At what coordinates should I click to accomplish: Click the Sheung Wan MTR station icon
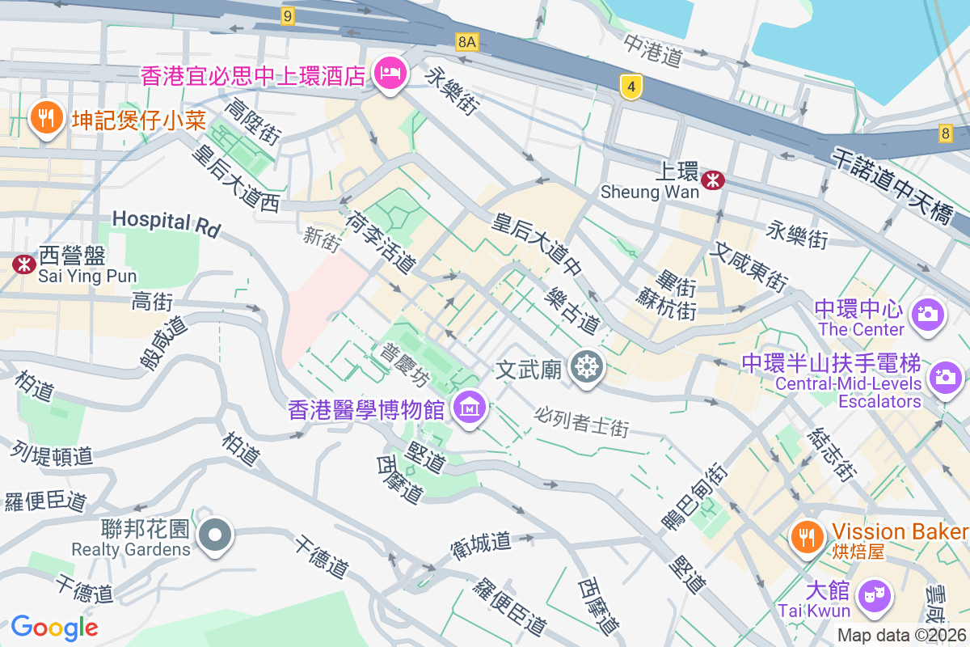click(712, 180)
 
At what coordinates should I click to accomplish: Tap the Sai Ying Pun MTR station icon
click(23, 264)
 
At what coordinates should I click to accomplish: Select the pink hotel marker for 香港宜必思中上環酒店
click(390, 75)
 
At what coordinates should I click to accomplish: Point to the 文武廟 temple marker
click(586, 367)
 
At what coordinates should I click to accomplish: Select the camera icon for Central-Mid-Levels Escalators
click(943, 377)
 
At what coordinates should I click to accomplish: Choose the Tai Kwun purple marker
click(874, 596)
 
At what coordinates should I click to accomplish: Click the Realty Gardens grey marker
click(216, 535)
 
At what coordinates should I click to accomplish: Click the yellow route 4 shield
click(631, 86)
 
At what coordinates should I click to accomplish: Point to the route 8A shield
click(466, 41)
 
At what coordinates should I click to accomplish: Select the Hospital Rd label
click(166, 223)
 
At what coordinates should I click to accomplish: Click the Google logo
click(54, 627)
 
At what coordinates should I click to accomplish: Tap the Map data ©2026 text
click(900, 635)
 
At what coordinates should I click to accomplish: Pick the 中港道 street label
click(653, 49)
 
